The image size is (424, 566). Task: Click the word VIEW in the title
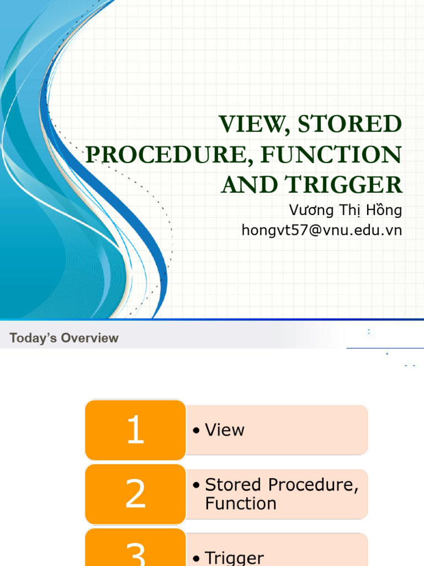coord(254,124)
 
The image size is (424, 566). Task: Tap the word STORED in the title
coord(349,124)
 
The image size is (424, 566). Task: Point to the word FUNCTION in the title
coord(331,155)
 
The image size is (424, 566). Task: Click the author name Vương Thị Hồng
coord(346,211)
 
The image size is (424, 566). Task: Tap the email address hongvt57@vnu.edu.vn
coord(322,230)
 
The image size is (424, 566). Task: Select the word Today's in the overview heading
coord(33,338)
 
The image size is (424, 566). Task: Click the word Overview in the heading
coord(90,338)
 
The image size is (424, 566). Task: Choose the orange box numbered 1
coord(135,430)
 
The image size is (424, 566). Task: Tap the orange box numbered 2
coord(135,494)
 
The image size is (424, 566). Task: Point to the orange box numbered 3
coord(135,547)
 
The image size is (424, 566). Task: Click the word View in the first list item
coord(225,430)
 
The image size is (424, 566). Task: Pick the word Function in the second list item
coord(241,503)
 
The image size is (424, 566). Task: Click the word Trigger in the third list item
coord(234,558)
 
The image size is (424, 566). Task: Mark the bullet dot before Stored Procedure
coord(196,485)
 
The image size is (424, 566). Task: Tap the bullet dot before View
coord(196,430)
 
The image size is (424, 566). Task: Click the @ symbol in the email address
coord(315,230)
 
